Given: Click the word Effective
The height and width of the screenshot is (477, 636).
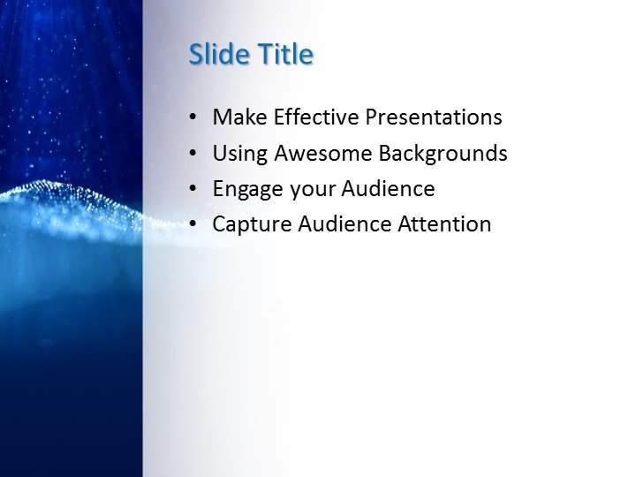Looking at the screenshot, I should click(x=316, y=117).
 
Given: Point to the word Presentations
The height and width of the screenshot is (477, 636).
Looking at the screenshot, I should click(x=434, y=117).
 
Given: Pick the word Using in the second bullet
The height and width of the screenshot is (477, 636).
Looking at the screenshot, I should click(x=240, y=154).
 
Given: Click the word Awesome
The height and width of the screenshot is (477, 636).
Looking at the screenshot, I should click(x=323, y=154).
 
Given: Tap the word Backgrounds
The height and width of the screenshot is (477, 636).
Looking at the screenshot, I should click(x=443, y=154).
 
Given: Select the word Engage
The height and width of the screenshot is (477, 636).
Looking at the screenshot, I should click(x=245, y=189).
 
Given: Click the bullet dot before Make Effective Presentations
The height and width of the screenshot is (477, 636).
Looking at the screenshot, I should click(x=193, y=118).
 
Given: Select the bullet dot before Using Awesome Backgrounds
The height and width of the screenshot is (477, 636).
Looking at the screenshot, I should click(x=193, y=155).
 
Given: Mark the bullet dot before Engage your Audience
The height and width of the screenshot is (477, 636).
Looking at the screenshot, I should click(x=193, y=190).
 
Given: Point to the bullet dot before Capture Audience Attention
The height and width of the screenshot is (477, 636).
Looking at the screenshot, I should click(x=193, y=225).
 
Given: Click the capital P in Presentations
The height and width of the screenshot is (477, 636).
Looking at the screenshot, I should click(x=372, y=117).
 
